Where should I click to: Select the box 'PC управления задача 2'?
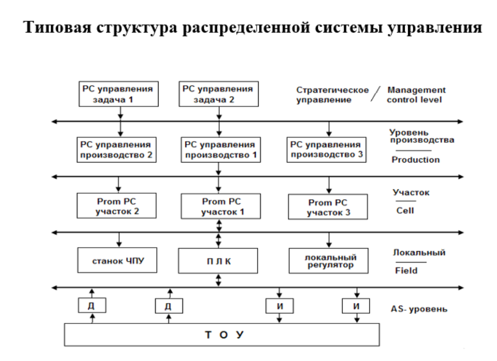(218, 94)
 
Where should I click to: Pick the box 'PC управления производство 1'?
(220, 150)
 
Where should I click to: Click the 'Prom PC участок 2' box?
(117, 207)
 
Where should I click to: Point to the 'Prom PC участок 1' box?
(218, 207)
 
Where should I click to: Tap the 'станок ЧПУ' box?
(117, 261)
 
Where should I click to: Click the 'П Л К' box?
(218, 261)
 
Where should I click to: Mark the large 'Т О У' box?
(221, 335)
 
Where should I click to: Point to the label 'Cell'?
(404, 211)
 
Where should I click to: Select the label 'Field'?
(406, 270)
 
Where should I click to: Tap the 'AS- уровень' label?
(419, 308)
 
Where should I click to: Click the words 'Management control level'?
(417, 95)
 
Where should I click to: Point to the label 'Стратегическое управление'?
(332, 95)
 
